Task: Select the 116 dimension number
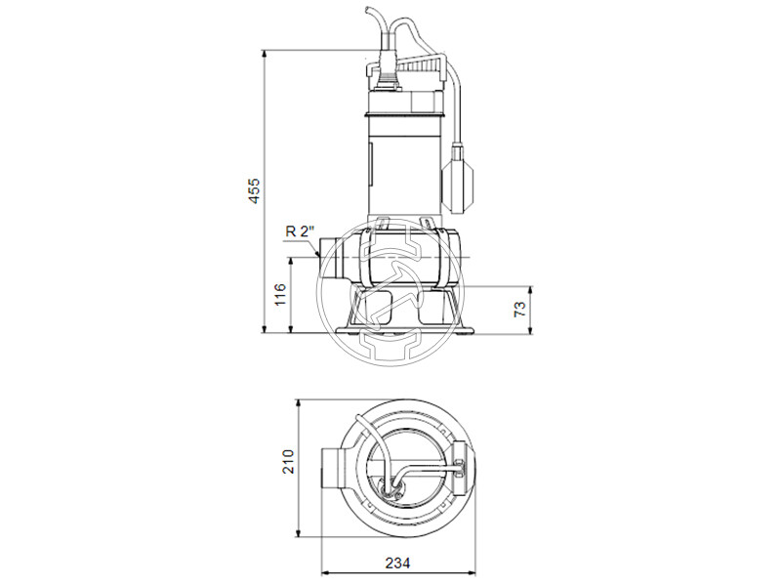click(x=280, y=295)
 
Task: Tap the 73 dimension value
click(x=520, y=309)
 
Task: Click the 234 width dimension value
click(x=396, y=564)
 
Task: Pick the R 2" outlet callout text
click(x=299, y=231)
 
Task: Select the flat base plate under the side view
click(x=401, y=331)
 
